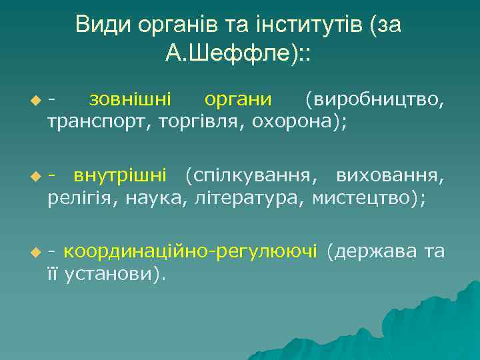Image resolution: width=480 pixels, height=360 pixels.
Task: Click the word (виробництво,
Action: pyautogui.click(x=373, y=99)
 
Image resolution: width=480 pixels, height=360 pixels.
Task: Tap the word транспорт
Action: pyautogui.click(x=99, y=123)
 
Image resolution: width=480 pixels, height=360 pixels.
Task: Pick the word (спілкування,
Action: pyautogui.click(x=251, y=175)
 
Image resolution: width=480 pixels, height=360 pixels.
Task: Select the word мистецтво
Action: pyautogui.click(x=365, y=198)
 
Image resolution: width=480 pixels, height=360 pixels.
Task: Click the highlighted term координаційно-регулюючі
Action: pyautogui.click(x=191, y=251)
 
